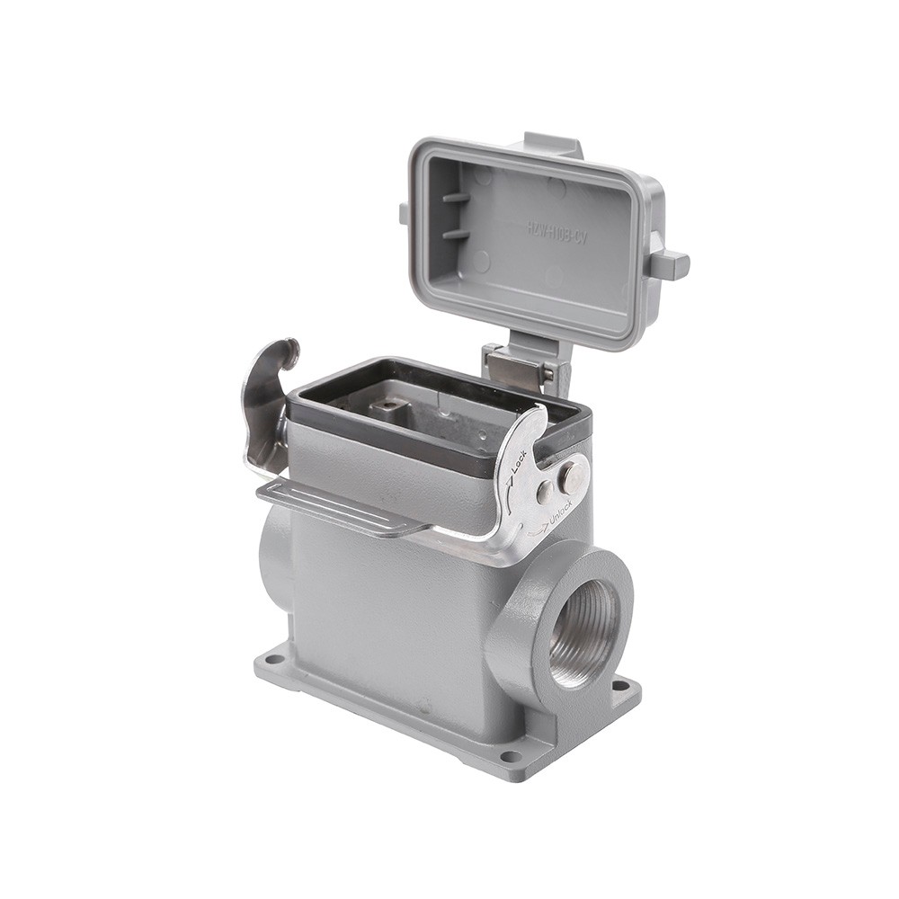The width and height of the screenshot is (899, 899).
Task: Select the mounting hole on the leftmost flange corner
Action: tap(275, 661)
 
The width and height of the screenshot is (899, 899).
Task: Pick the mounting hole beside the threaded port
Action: tap(619, 686)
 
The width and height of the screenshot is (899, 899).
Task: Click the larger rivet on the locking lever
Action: tap(569, 477)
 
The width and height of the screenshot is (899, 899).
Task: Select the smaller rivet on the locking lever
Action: tap(545, 492)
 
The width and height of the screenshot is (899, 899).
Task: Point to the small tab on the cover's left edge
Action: tap(405, 214)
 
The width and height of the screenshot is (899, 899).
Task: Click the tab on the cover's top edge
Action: tap(553, 144)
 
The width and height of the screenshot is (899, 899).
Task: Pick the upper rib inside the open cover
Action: tap(456, 197)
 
